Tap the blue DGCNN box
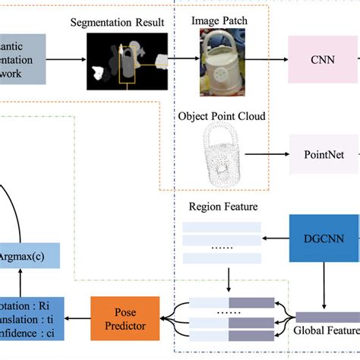point(325,239)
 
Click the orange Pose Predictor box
point(125,318)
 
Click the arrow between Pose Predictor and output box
point(78,319)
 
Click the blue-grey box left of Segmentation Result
point(23,58)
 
